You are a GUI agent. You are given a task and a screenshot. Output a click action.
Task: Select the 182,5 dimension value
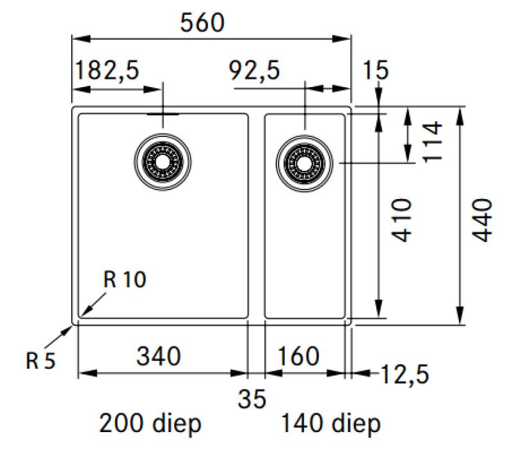coord(108,70)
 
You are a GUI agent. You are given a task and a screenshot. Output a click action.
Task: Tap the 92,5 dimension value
coord(255,70)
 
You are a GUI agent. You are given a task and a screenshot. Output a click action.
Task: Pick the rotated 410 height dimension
coord(401,220)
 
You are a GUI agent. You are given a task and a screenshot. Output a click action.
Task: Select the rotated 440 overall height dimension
coord(484,220)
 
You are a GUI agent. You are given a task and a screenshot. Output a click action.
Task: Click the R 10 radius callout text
coord(125,280)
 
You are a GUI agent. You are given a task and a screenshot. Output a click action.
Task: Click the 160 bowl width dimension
coord(298,355)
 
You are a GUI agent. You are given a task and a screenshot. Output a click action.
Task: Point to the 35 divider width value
coord(253,399)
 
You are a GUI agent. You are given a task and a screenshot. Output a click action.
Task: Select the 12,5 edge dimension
coord(403,373)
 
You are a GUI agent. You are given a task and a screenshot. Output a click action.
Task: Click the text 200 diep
coord(150,423)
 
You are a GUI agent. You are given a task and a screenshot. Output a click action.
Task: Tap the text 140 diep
coord(330,423)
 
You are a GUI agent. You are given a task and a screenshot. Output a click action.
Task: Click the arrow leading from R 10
coord(91,305)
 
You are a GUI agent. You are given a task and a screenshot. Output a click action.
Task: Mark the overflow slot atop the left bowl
coord(163,115)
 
